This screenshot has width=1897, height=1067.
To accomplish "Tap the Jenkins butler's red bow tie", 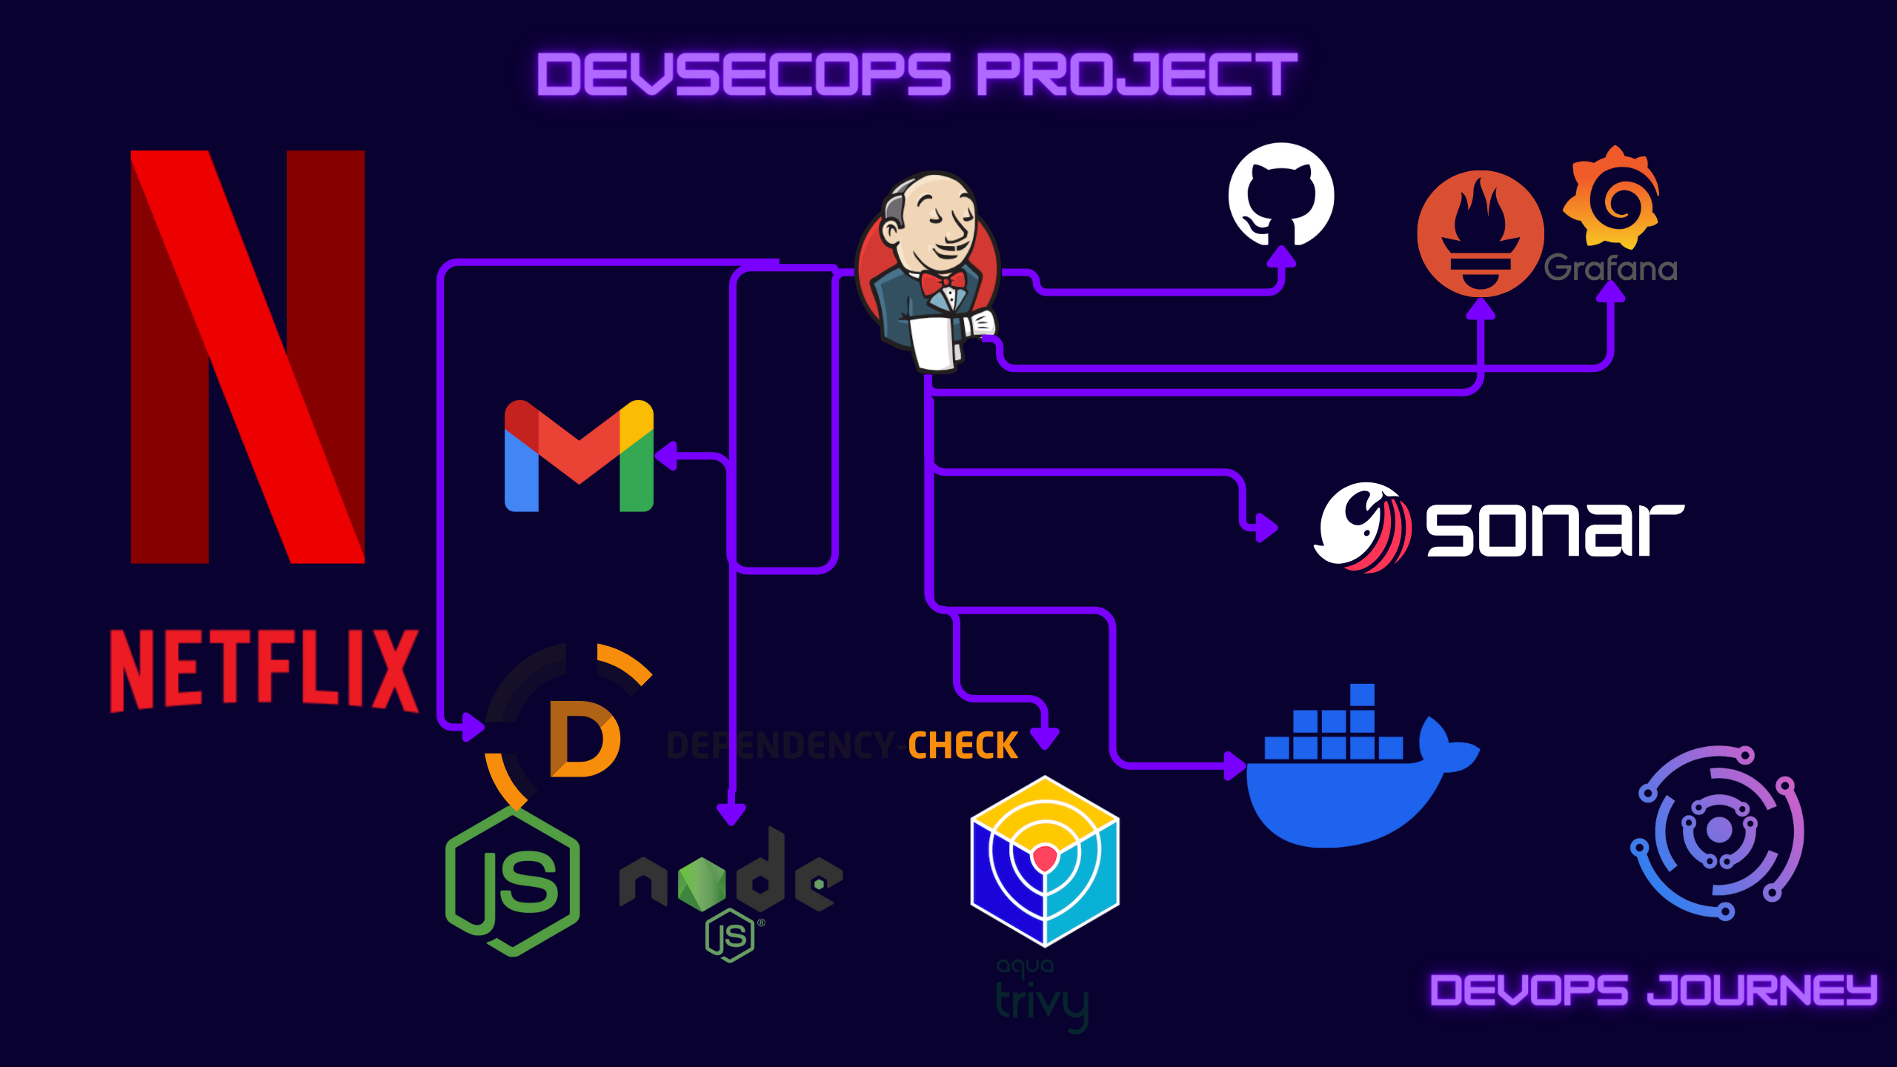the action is [943, 282].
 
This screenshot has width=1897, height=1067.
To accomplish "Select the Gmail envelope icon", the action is [579, 456].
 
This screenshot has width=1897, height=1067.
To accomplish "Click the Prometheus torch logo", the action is [1480, 233].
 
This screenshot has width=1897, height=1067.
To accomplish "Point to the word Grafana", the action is [1610, 268].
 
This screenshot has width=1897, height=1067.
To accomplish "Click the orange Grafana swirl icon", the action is [1612, 199].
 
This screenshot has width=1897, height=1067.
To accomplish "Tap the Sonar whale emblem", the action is [1362, 528].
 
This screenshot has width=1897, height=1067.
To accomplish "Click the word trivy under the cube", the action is [1042, 1004].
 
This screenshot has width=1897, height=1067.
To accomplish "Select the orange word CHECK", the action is [963, 745].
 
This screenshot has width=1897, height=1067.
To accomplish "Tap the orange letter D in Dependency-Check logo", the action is [584, 739].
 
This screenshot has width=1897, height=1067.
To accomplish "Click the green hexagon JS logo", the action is [513, 882].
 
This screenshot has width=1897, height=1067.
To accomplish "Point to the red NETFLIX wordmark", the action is [264, 671].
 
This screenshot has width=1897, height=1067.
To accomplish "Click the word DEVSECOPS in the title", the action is [743, 75].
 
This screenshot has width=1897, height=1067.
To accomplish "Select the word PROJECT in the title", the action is [1137, 75].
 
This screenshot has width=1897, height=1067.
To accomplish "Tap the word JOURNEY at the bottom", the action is [1762, 991].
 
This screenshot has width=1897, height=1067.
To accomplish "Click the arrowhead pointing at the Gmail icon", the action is [666, 456].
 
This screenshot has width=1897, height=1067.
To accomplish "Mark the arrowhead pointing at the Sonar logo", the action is [1265, 528].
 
